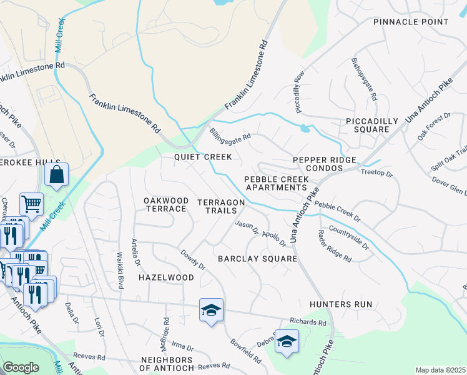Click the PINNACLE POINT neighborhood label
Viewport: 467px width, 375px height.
coord(411,22)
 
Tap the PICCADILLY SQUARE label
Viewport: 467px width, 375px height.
coord(371,125)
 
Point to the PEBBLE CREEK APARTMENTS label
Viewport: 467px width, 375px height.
coord(275,183)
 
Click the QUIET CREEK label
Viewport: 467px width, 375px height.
coord(203,157)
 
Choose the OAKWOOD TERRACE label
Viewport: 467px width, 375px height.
coord(166,204)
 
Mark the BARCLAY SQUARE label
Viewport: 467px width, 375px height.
coord(257,258)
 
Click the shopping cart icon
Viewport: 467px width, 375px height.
coord(31,203)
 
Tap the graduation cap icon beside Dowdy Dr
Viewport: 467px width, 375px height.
coord(211,309)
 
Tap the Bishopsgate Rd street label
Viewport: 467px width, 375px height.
coord(365,80)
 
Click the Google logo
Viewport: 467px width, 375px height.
coord(21,367)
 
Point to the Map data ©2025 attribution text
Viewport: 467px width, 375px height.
coord(440,370)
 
